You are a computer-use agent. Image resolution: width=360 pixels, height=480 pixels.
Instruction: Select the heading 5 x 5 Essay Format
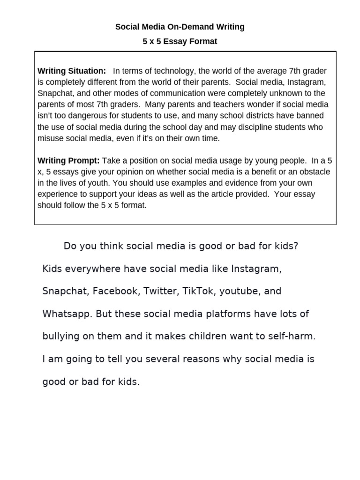tap(180, 41)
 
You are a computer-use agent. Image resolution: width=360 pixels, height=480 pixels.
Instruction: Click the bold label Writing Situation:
tap(72, 71)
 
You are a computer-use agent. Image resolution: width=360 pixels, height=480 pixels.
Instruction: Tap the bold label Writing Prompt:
tap(68, 160)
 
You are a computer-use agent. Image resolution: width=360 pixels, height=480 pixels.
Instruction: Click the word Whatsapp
tap(67, 314)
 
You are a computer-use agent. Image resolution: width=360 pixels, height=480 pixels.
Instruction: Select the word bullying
tap(61, 337)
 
